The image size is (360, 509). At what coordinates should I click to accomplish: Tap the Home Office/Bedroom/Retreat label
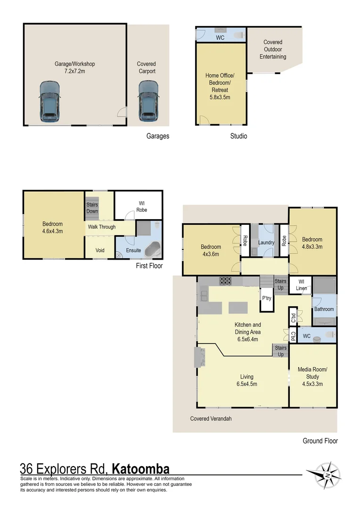(x=220, y=86)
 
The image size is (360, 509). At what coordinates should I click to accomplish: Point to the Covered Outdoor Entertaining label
(x=273, y=49)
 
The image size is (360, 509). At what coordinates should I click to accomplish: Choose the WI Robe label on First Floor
(x=142, y=207)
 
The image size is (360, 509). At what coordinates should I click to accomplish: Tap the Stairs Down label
(x=92, y=208)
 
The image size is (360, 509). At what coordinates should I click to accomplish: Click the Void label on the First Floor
(x=100, y=250)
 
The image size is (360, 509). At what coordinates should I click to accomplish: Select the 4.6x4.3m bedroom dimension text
(x=52, y=231)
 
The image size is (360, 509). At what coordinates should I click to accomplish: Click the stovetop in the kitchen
(x=226, y=281)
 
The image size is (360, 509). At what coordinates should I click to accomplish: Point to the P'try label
(x=267, y=298)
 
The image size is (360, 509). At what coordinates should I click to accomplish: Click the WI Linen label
(x=301, y=285)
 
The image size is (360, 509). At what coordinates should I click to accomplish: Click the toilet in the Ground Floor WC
(x=329, y=336)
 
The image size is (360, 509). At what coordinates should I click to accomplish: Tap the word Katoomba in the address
(x=140, y=468)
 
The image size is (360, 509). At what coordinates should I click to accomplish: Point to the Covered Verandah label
(x=211, y=418)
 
